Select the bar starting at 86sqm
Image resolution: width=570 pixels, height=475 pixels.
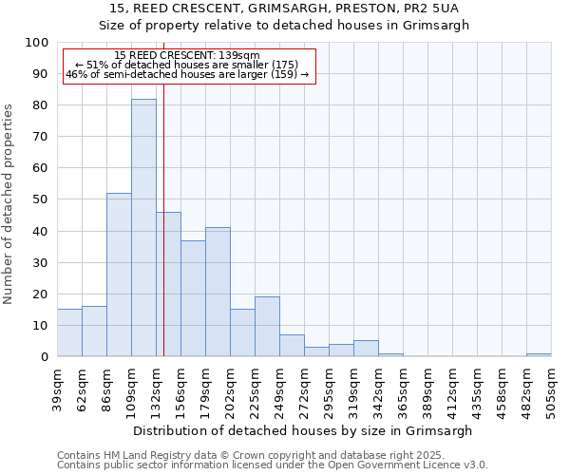(119, 275)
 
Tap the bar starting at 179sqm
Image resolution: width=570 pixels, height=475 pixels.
(218, 292)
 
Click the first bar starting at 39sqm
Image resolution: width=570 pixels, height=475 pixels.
(69, 332)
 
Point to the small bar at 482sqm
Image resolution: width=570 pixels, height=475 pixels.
(539, 354)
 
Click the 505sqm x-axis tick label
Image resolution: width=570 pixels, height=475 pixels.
(551, 389)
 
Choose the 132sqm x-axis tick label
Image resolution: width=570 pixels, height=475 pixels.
(156, 389)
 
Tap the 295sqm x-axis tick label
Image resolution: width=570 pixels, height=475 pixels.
(329, 389)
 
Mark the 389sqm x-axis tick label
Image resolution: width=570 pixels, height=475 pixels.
(427, 389)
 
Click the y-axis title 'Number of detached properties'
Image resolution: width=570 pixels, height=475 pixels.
(9, 203)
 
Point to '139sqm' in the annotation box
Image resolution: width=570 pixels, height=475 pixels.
(240, 56)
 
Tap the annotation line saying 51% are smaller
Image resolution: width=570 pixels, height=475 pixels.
(186, 65)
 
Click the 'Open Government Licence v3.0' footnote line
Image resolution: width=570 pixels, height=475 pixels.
(273, 465)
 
